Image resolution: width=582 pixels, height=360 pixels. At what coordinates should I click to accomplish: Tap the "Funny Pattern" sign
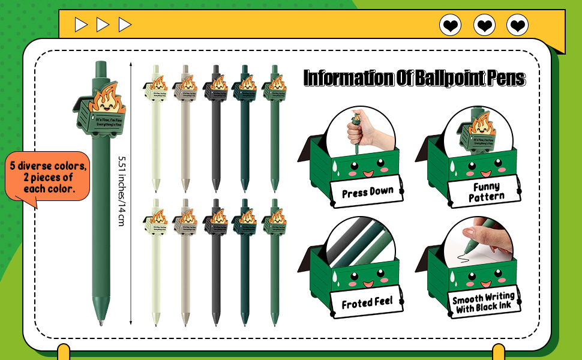(x=486, y=192)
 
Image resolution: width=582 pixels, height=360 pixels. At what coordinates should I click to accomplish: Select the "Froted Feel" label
(x=367, y=303)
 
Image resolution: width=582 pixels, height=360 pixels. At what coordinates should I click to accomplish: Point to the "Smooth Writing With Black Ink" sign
(x=484, y=303)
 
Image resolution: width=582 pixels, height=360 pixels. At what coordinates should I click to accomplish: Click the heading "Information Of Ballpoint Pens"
(x=414, y=78)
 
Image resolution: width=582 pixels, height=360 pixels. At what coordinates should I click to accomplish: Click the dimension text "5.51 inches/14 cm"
(x=121, y=191)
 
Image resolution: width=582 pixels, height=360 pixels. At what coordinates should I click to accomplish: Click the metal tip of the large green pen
(x=100, y=322)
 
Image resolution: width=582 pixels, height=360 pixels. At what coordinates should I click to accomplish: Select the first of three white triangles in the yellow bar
(x=80, y=25)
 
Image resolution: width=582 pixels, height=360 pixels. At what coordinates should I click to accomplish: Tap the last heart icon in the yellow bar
(x=517, y=25)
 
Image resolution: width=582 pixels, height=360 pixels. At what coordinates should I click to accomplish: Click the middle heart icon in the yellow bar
(x=484, y=25)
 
